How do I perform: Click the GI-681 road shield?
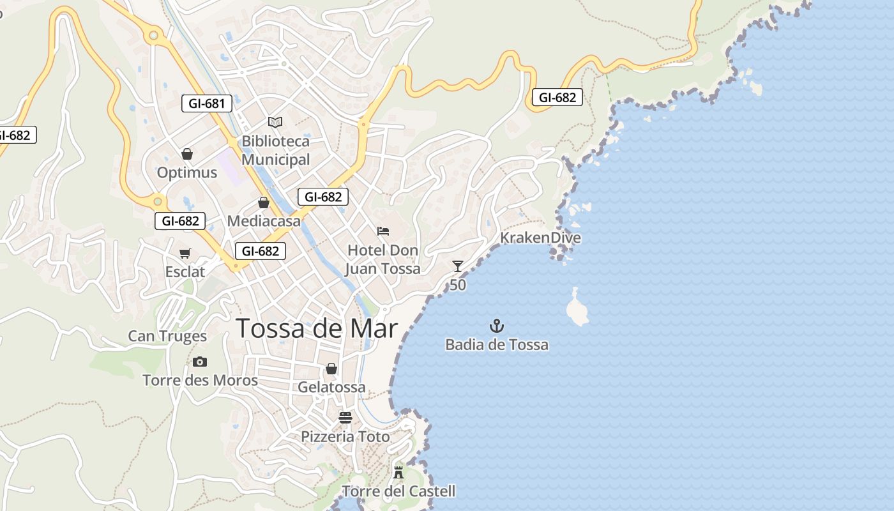(206, 103)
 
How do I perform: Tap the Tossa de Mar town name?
(317, 328)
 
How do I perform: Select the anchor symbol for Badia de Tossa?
(497, 326)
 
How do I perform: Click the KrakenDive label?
(540, 238)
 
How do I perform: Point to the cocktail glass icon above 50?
(458, 266)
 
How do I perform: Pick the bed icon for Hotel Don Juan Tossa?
(383, 231)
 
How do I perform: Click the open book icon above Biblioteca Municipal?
(275, 122)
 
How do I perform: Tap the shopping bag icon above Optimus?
(187, 154)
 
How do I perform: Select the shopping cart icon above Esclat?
(185, 254)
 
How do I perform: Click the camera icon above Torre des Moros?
(200, 362)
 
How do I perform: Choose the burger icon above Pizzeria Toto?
(345, 418)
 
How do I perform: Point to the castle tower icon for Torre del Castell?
(398, 473)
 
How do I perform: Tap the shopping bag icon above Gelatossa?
(331, 369)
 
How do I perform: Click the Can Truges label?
(167, 336)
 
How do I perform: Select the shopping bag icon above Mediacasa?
(264, 202)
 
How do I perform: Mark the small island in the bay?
(577, 309)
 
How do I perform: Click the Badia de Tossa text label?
(497, 345)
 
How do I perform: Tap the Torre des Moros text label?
(200, 381)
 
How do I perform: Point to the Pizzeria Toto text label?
(345, 437)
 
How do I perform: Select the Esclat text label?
(185, 272)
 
